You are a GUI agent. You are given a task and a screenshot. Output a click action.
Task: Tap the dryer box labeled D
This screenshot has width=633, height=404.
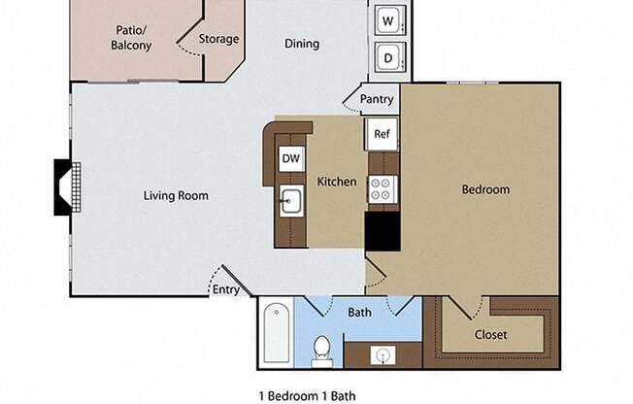(x=387, y=57)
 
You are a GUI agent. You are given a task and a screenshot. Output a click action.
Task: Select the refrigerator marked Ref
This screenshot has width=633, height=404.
(x=382, y=134)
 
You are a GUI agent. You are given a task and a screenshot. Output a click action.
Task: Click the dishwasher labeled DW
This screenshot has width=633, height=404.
(x=290, y=158)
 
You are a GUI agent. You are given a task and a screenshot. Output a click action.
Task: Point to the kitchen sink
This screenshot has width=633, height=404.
(x=290, y=203)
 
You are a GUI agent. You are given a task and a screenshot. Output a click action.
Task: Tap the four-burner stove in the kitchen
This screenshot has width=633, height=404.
(x=382, y=189)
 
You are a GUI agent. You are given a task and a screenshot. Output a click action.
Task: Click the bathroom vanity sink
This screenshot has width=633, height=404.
(x=382, y=356)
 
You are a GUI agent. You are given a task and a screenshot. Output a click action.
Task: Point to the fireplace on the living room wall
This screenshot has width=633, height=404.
(x=66, y=187)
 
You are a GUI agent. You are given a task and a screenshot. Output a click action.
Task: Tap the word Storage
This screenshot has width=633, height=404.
(x=218, y=39)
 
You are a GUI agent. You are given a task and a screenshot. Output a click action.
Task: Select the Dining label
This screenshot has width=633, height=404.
(x=302, y=44)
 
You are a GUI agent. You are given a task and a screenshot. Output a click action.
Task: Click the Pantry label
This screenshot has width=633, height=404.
(x=377, y=99)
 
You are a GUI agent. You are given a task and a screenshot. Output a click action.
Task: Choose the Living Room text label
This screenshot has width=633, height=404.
(x=176, y=195)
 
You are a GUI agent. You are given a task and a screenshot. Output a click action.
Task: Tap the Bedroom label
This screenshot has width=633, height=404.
(x=484, y=189)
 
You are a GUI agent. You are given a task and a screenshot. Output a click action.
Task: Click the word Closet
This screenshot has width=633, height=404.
(x=490, y=335)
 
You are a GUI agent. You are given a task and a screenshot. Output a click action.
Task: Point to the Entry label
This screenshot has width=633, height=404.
(x=225, y=289)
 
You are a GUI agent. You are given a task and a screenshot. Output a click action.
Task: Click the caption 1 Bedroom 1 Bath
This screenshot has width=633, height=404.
(x=308, y=395)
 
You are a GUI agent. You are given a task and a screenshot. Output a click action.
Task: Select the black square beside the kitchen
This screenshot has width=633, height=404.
(x=382, y=231)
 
